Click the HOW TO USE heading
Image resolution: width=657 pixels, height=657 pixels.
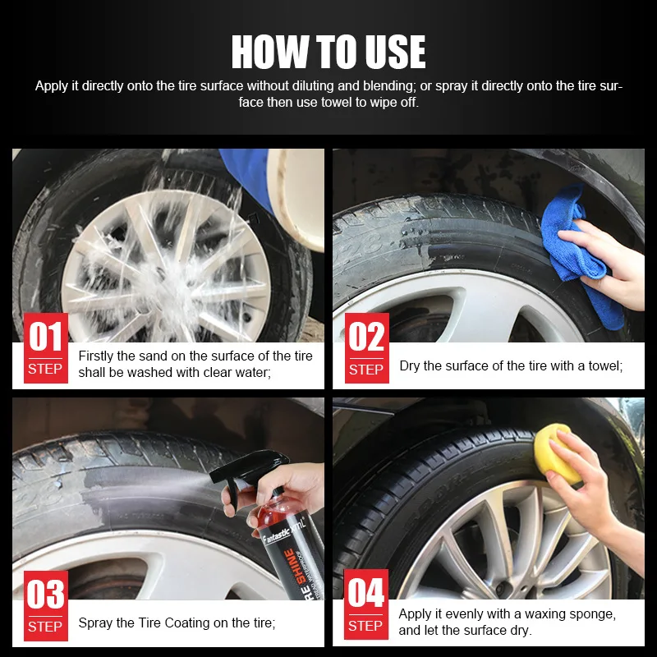coord(328,53)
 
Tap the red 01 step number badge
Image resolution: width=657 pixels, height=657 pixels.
coord(45,347)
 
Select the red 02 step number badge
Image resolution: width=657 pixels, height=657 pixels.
coord(365,347)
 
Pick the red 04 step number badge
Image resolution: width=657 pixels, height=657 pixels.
coord(365,604)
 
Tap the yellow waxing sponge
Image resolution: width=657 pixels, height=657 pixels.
coord(555,452)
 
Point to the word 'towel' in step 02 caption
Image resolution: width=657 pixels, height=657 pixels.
coord(602,365)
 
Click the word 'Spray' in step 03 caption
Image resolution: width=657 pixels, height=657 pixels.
coord(95,623)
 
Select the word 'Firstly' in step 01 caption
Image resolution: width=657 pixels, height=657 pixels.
coord(98,356)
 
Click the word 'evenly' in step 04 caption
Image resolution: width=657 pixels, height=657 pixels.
coord(448,613)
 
